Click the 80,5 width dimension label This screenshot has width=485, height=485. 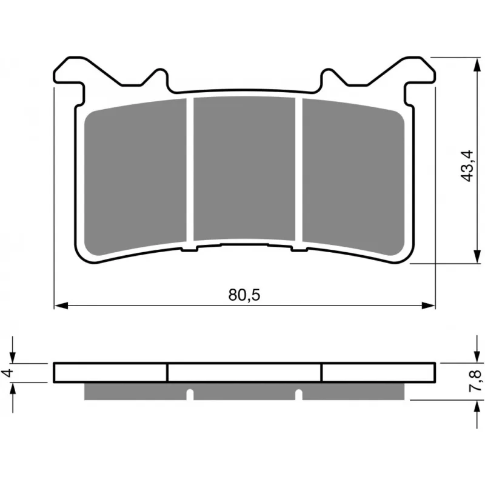click(x=244, y=295)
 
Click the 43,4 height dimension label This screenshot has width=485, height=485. click(x=467, y=166)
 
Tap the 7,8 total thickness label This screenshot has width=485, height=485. click(x=476, y=381)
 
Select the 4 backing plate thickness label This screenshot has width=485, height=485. click(x=8, y=373)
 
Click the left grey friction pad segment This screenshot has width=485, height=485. click(x=135, y=178)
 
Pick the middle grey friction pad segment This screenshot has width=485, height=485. click(x=244, y=169)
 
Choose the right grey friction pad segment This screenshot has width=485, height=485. click(x=353, y=178)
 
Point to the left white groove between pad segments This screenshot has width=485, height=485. click(x=190, y=170)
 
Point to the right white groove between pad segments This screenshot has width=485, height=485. click(x=298, y=170)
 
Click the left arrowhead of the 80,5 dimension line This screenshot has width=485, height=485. click(x=61, y=306)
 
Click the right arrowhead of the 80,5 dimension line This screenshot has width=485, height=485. click(x=429, y=306)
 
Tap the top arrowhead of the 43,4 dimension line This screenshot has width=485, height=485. click(x=475, y=64)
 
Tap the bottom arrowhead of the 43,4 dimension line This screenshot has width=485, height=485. click(x=475, y=256)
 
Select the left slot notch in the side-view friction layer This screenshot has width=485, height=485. click(x=190, y=395)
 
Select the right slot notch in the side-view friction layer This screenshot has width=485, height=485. click(x=299, y=395)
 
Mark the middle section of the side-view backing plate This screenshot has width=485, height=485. click(x=245, y=372)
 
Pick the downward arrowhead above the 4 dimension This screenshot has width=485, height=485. click(x=12, y=356)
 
